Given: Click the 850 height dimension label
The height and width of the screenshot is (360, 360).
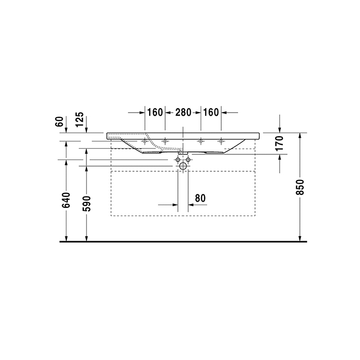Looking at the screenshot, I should pos(301,187).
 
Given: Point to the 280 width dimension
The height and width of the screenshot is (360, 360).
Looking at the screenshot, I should pos(183,112).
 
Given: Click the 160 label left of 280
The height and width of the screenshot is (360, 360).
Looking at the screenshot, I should pos(154,112).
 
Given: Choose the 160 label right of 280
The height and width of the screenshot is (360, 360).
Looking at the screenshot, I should pos(211,112).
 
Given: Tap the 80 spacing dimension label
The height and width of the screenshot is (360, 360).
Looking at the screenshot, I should pos(201,197).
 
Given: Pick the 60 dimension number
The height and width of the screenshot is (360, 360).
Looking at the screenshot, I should pos(59,122).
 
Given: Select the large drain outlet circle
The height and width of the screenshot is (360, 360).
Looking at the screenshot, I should pos(183,166).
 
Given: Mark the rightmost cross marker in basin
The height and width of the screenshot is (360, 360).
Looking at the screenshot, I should pos(221,141).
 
